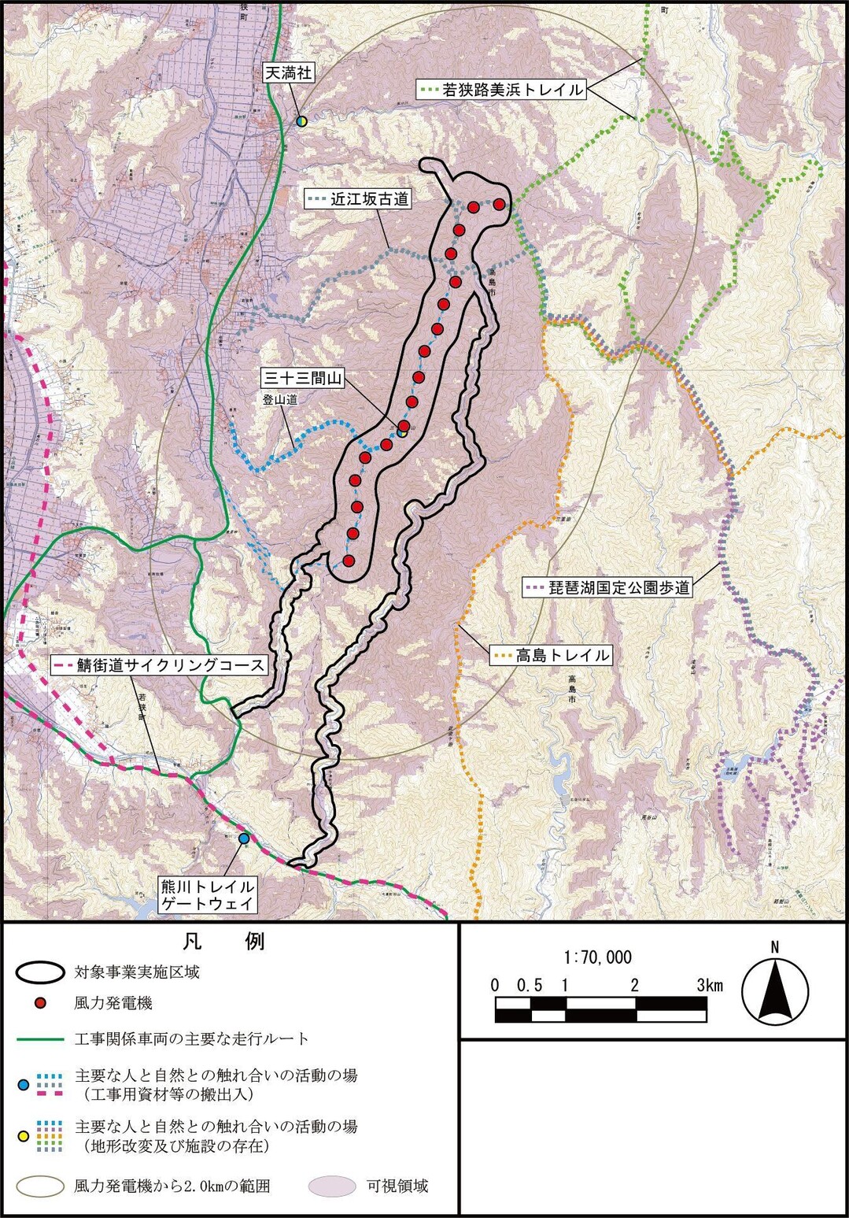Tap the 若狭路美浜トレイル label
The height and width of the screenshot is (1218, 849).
pyautogui.click(x=501, y=90)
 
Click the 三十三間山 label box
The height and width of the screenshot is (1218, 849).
pyautogui.click(x=303, y=379)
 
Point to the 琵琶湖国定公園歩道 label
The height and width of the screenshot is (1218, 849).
pyautogui.click(x=607, y=587)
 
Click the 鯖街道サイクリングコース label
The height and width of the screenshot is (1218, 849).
pyautogui.click(x=160, y=665)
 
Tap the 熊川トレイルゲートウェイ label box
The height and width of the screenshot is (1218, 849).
pyautogui.click(x=208, y=895)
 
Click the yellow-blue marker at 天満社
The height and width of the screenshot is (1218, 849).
pyautogui.click(x=301, y=120)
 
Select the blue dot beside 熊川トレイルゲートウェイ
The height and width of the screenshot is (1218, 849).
pyautogui.click(x=244, y=839)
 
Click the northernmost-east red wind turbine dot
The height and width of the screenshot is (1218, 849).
pyautogui.click(x=499, y=204)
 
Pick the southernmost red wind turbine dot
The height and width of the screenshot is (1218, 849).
pyautogui.click(x=349, y=561)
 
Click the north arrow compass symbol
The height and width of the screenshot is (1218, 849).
pyautogui.click(x=775, y=991)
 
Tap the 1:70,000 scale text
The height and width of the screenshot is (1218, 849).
pyautogui.click(x=598, y=957)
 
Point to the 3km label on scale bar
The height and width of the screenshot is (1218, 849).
pyautogui.click(x=709, y=986)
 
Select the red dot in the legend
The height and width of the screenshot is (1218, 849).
pyautogui.click(x=41, y=1003)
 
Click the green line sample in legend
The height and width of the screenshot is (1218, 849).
pyautogui.click(x=40, y=1039)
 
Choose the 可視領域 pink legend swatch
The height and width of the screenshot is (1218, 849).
pyautogui.click(x=331, y=1187)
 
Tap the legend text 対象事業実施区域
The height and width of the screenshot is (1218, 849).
pyautogui.click(x=137, y=972)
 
